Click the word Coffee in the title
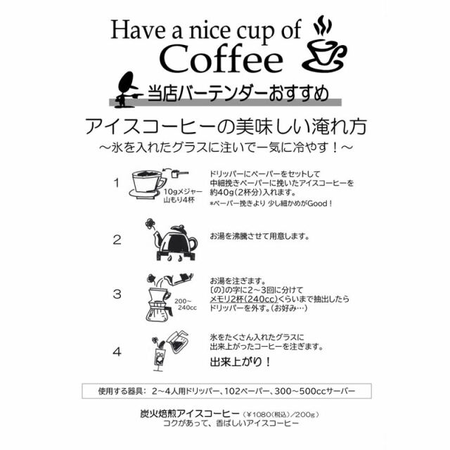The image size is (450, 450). pos(221,59)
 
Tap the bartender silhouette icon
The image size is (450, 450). pos(126,89)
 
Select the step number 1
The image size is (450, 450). pos(117,184)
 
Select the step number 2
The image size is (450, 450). pos(117,239)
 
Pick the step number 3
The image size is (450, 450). pos(117,294)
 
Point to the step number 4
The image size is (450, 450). pos(117,349)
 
